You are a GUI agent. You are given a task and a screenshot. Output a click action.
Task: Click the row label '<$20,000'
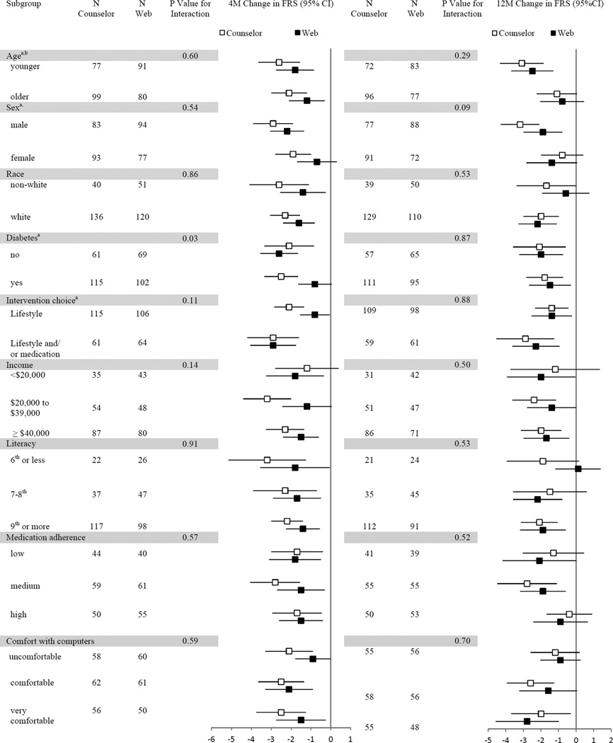[x=29, y=375]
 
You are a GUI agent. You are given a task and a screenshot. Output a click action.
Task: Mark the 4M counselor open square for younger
[x=279, y=62]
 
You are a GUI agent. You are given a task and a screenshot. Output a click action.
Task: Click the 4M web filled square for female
[x=316, y=162]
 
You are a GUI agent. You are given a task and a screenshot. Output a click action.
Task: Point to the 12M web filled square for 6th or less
[x=578, y=468]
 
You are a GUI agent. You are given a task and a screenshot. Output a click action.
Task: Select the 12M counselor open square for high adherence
[x=568, y=614]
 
